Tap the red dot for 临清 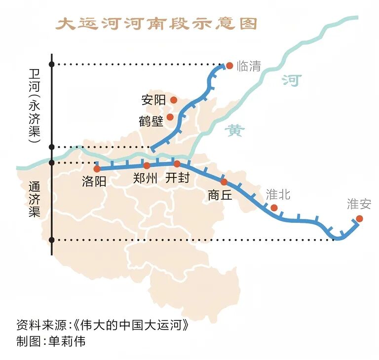tap(229, 65)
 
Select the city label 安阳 tap(153, 100)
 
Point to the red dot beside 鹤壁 tap(170, 117)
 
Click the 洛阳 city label tap(94, 181)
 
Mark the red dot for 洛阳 tap(97, 169)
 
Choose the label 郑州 tap(146, 179)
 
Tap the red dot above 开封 tap(177, 163)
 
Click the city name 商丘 tap(220, 195)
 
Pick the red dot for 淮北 tap(274, 208)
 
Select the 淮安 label tap(359, 204)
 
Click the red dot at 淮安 tap(359, 218)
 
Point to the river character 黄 tap(235, 131)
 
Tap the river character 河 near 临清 tap(291, 80)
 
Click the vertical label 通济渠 tap(34, 200)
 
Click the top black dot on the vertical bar tap(52, 64)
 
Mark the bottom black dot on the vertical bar tap(52, 240)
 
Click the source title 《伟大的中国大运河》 tap(130, 326)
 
